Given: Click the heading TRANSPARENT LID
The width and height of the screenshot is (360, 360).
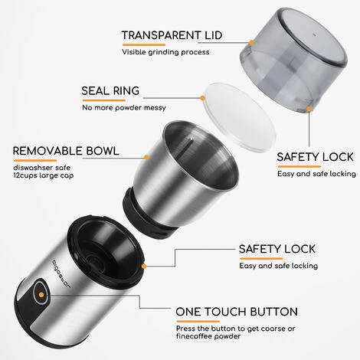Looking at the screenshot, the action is (x=172, y=35).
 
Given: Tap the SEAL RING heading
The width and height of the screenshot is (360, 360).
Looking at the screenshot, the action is (x=110, y=91).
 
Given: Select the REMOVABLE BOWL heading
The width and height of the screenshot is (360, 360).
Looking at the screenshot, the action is (x=66, y=151).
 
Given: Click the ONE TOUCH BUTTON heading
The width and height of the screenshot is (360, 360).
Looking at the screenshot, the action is (x=237, y=312).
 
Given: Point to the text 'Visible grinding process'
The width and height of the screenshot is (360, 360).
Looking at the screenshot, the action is (x=165, y=52).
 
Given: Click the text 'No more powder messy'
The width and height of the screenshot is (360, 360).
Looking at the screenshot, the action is (x=124, y=107).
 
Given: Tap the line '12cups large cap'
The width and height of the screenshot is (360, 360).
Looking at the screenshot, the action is (x=44, y=175).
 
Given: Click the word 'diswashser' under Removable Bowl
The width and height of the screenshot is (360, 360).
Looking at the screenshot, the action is (x=31, y=168).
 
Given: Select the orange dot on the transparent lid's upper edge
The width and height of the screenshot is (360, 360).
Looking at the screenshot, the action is (x=251, y=42).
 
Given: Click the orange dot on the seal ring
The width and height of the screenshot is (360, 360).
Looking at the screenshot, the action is (x=202, y=98).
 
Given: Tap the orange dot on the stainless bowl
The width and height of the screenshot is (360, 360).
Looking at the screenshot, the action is (x=146, y=157).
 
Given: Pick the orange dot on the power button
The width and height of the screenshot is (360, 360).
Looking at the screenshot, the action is (x=41, y=295).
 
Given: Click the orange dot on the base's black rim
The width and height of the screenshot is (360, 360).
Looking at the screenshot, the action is (x=144, y=266).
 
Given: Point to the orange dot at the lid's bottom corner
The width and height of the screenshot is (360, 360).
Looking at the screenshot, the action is (x=309, y=109).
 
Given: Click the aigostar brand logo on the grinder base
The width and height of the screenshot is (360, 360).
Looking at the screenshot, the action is (x=62, y=273).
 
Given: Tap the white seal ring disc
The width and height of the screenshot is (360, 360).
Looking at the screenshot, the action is (x=240, y=117).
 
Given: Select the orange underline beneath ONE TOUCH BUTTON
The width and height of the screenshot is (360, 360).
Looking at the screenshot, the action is (x=198, y=321).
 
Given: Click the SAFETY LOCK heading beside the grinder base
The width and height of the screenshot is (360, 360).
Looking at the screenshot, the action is (x=277, y=249).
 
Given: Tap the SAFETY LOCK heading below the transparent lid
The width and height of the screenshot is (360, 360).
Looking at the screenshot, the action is (x=315, y=157).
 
